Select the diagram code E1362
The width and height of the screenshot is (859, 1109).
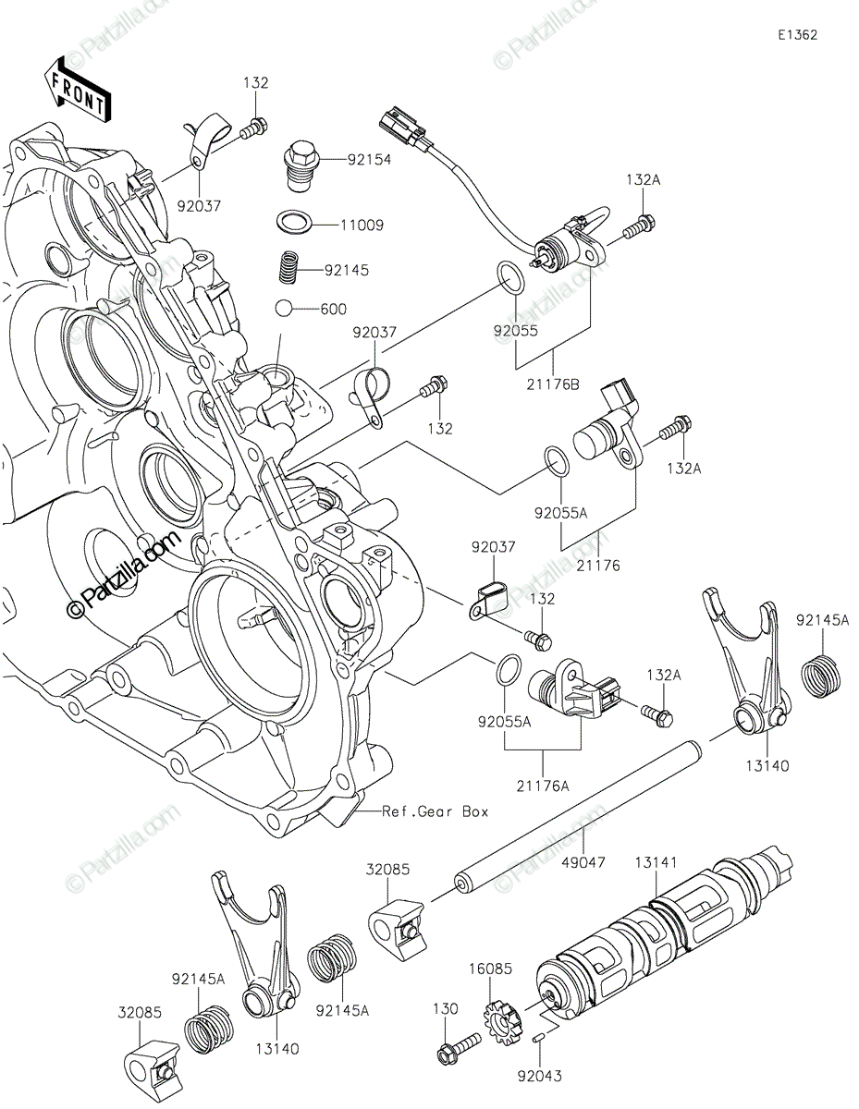[x=798, y=35]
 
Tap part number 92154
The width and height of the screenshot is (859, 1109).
[x=369, y=160]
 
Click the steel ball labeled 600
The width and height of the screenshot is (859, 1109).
[x=283, y=308]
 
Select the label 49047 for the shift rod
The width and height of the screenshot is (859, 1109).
[x=583, y=862]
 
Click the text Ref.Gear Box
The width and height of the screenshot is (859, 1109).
[x=435, y=811]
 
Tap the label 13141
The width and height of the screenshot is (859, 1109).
[x=656, y=862]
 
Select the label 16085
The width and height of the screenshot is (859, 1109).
[x=490, y=969]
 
